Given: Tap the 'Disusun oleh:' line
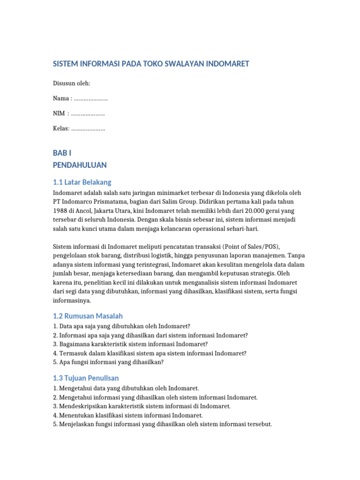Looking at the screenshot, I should point(71,83).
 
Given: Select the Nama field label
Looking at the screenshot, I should point(61,98).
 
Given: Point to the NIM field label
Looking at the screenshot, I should point(60,113).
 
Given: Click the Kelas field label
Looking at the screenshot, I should point(61,128).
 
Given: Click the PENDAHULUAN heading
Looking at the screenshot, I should point(80,165).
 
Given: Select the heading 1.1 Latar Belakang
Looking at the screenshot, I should point(82,182).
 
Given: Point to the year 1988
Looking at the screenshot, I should point(60,211).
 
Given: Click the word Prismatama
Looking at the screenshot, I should point(109,202).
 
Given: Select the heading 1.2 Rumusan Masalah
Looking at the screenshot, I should point(88,316).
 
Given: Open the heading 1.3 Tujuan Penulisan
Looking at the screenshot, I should point(86,378).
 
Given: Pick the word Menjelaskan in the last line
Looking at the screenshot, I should point(77,424).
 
